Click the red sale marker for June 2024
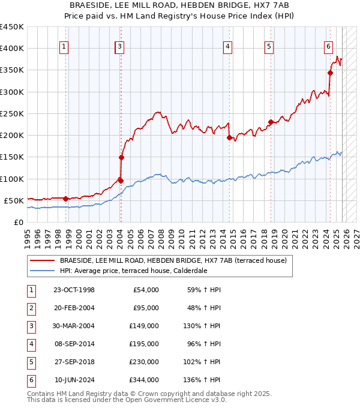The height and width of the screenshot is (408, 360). [x=330, y=73]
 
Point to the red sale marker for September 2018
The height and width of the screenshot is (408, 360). [x=271, y=122]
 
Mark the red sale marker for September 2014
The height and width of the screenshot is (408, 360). [x=229, y=137]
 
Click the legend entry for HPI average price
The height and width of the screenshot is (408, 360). [x=133, y=271]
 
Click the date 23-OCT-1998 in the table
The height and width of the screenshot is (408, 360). [x=74, y=290]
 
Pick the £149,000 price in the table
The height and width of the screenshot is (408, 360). [x=145, y=326]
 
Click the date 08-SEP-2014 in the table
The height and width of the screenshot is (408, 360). [x=74, y=344]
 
